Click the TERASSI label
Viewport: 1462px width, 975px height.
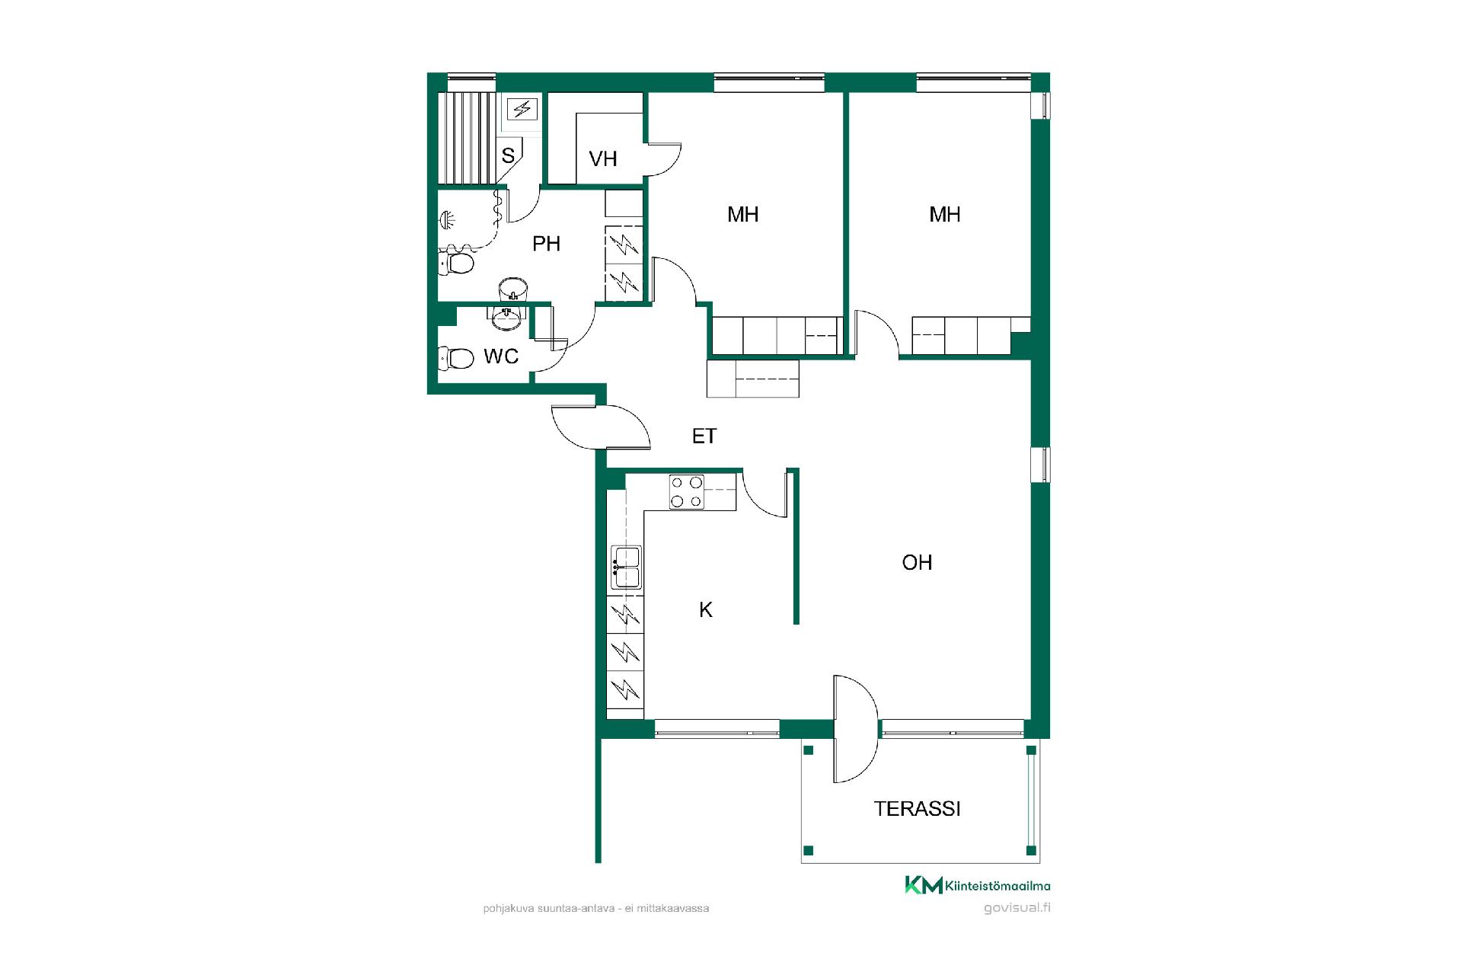(x=917, y=808)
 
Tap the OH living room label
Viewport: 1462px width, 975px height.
(x=917, y=562)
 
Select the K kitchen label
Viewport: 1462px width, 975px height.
(x=706, y=609)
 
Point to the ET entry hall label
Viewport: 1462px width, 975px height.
(x=704, y=436)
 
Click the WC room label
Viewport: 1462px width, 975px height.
(x=501, y=356)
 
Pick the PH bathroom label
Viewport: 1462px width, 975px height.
(x=546, y=244)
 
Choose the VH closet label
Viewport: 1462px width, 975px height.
(x=603, y=158)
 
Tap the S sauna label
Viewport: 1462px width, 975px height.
(x=508, y=155)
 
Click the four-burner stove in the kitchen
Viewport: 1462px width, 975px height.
(x=686, y=491)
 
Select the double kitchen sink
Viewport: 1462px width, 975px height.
(x=626, y=567)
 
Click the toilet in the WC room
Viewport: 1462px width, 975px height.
(x=456, y=357)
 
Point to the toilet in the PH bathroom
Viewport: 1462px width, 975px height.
(x=456, y=264)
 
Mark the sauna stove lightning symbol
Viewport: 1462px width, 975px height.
(x=522, y=109)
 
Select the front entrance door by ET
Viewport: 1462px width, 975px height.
(x=601, y=427)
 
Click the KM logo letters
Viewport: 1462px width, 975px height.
(x=924, y=885)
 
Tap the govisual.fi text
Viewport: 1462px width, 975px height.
(x=1017, y=908)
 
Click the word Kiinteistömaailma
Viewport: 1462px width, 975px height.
(x=998, y=885)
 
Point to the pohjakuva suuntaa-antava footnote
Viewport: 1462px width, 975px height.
(x=596, y=908)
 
